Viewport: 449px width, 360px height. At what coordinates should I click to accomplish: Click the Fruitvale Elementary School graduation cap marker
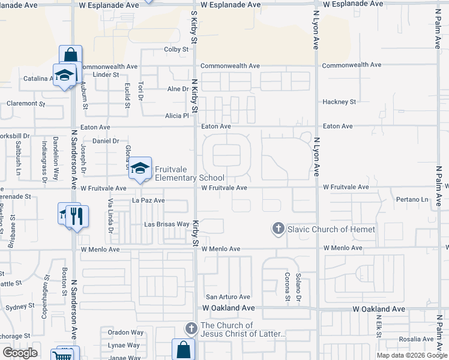140,169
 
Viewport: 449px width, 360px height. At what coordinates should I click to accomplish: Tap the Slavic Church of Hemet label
331,229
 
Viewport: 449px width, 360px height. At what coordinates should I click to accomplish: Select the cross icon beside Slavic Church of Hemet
278,229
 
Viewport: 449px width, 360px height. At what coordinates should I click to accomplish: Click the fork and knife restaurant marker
76,216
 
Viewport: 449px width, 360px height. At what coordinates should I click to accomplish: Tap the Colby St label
176,50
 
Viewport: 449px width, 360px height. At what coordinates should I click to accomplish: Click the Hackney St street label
339,102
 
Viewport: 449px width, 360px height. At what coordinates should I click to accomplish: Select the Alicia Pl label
177,115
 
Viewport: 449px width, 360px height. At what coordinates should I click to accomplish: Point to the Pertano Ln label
413,199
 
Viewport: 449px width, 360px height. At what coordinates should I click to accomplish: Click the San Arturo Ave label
228,297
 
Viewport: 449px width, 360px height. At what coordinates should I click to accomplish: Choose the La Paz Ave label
148,200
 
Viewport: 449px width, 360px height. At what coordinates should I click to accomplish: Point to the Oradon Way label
125,332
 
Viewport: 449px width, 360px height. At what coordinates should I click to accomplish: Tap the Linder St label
106,75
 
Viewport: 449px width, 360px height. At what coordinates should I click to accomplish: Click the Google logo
20,353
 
